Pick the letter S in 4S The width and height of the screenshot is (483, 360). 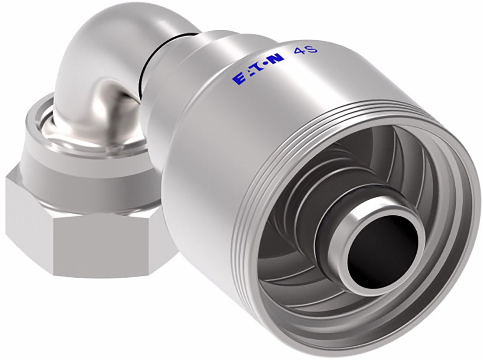coord(305,49)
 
